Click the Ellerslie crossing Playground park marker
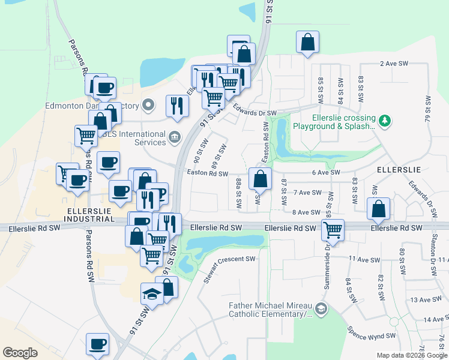(384, 122)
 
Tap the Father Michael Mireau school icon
(321, 310)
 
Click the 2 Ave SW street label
(394, 64)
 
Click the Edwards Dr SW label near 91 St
(255, 113)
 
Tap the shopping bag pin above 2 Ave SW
(307, 43)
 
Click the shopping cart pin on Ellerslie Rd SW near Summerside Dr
(332, 230)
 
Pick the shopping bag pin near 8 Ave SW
(378, 210)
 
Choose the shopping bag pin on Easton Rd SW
(260, 179)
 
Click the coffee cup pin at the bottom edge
(97, 345)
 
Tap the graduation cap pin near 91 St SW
(152, 295)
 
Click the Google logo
(20, 353)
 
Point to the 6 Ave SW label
(326, 173)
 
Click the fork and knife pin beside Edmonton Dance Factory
(176, 106)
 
